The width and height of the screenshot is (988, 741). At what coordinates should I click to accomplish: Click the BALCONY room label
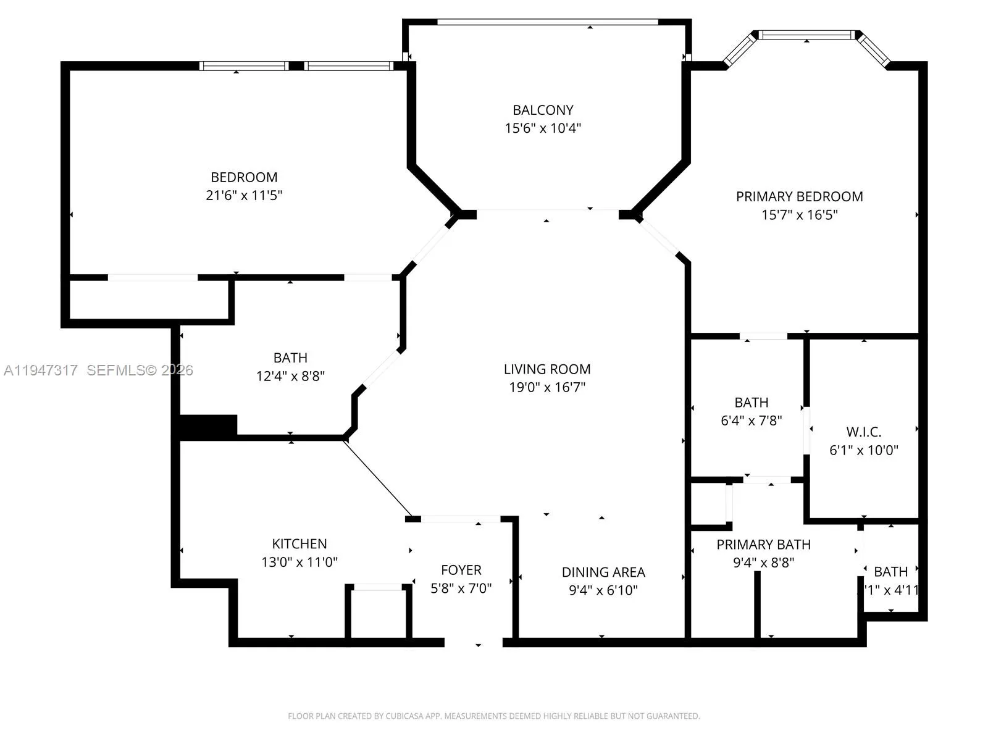pyautogui.click(x=543, y=110)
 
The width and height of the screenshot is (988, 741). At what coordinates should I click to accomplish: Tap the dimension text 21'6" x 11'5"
pyautogui.click(x=244, y=195)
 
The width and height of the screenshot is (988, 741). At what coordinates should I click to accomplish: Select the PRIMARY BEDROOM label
pyautogui.click(x=799, y=196)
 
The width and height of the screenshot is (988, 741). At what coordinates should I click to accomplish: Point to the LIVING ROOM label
pyautogui.click(x=546, y=369)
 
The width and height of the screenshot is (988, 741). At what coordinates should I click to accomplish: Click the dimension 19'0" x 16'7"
pyautogui.click(x=546, y=387)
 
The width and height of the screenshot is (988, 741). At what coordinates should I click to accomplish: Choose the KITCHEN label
pyautogui.click(x=299, y=544)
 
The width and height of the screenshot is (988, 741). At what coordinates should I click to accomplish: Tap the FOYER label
pyautogui.click(x=461, y=570)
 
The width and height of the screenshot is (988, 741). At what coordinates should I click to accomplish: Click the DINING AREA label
pyautogui.click(x=603, y=572)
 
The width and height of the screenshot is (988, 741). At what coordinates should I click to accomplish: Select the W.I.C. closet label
pyautogui.click(x=863, y=432)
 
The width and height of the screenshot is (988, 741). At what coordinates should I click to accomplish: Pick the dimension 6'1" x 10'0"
pyautogui.click(x=863, y=450)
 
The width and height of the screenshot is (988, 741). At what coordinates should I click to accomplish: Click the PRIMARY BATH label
pyautogui.click(x=763, y=545)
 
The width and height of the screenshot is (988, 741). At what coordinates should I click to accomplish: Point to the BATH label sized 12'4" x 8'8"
pyautogui.click(x=290, y=358)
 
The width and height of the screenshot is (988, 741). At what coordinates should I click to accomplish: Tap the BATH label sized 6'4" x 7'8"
pyautogui.click(x=751, y=403)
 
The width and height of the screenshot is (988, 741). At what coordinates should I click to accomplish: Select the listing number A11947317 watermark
pyautogui.click(x=41, y=371)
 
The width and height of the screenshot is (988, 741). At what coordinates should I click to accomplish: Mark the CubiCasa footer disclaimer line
pyautogui.click(x=493, y=716)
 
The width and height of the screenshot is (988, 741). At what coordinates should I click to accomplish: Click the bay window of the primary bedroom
pyautogui.click(x=806, y=35)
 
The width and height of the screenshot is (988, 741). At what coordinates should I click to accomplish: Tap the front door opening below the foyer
pyautogui.click(x=474, y=642)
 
